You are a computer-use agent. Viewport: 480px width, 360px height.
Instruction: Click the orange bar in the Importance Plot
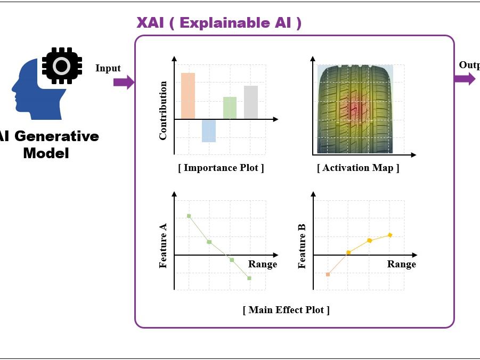[188, 95]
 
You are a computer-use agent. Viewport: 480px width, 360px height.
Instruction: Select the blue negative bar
[209, 130]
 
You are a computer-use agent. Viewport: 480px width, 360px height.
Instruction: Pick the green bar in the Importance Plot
[230, 108]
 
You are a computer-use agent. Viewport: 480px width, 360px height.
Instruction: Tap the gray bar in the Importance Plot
[251, 102]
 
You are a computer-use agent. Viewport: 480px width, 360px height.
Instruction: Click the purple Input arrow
[124, 82]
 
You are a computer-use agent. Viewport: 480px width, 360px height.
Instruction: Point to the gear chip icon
[61, 66]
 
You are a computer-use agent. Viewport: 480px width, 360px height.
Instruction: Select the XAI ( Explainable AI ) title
[219, 23]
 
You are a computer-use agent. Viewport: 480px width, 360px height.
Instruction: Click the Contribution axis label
[163, 110]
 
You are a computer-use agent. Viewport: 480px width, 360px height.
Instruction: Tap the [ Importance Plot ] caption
[221, 168]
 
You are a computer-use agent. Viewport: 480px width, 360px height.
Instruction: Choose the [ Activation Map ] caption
[358, 168]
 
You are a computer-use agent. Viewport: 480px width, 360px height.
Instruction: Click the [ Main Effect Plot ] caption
[286, 310]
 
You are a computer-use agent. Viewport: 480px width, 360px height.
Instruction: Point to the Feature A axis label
[163, 246]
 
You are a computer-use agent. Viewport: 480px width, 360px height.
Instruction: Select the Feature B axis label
[302, 247]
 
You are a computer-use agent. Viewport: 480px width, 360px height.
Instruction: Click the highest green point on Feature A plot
[189, 216]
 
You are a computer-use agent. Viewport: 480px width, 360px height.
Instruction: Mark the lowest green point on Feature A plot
[249, 278]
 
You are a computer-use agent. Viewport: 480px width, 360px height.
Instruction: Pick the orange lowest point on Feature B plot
[328, 274]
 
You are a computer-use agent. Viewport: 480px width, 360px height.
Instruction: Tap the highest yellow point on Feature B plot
[390, 235]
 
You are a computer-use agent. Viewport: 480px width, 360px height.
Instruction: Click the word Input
[108, 68]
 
